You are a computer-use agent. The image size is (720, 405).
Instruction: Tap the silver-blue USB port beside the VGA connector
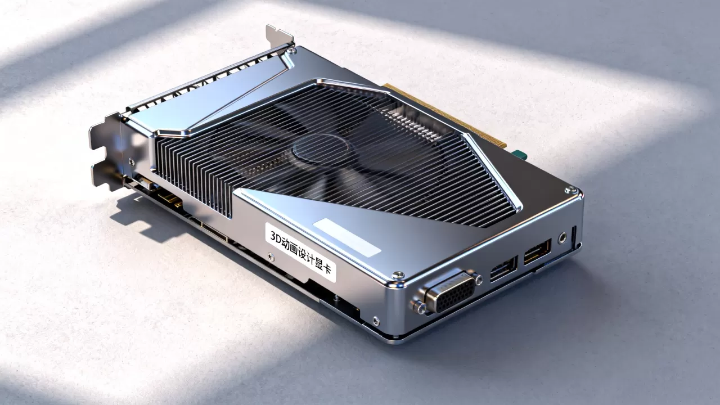point(504,268)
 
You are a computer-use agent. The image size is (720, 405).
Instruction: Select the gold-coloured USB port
point(537,251)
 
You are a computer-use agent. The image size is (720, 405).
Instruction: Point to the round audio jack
point(562,238)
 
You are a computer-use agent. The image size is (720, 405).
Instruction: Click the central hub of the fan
point(321,150)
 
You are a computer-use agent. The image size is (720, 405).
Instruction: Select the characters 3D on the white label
point(276,238)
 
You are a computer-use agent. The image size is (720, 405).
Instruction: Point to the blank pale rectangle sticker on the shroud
point(347,237)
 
